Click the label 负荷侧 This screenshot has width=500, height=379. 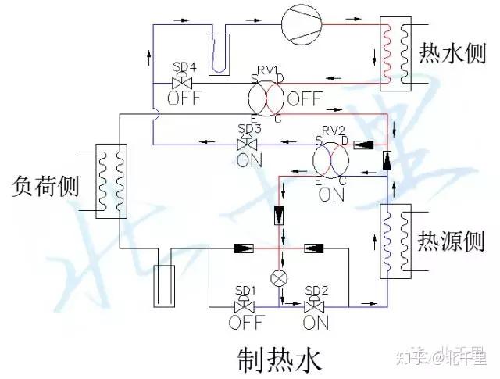pos(47,186)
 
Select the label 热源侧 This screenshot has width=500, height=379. pos(450,238)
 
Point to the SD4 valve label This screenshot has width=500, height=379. pos(184,65)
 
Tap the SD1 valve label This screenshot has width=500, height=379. pos(246,290)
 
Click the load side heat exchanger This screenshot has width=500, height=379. pos(110,180)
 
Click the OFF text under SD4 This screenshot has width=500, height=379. pos(184,98)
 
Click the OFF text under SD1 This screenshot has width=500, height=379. pos(246,322)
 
